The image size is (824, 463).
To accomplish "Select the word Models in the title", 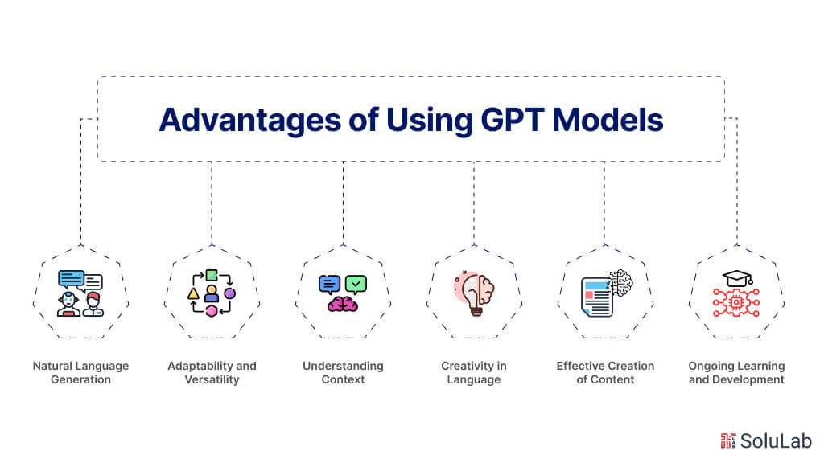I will coord(613,119).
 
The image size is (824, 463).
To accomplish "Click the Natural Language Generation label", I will coord(80,372).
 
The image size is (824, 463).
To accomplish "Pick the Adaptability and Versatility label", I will coord(212,372).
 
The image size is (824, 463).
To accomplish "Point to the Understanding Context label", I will coord(343,372).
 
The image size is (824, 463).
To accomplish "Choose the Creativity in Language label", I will coord(473,372).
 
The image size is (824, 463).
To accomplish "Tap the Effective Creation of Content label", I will coord(605,372).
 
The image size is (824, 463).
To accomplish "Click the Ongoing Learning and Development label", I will coord(736,372).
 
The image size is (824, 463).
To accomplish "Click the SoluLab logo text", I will coord(777,440).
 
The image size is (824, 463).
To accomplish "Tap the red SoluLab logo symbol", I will coord(728,440).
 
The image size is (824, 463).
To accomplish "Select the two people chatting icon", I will coord(80,293).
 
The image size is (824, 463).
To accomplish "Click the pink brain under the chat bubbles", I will coord(343,304).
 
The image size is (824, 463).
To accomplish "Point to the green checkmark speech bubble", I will coord(356,283).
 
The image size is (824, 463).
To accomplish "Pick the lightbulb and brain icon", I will coord(473,293).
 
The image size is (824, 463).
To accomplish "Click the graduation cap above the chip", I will coord(736,278).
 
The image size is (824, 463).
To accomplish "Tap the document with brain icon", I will coord(605,293).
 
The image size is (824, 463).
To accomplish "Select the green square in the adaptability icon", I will coord(212,275).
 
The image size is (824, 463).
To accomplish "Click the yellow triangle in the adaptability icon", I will coord(193,294).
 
